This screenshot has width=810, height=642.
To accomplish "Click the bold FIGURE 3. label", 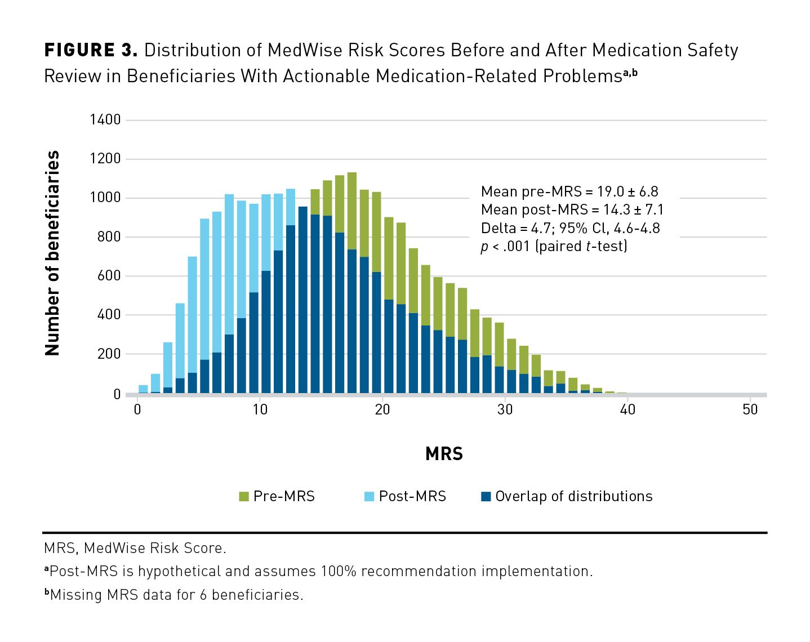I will click(x=91, y=50).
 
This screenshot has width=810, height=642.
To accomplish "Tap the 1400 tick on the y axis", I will click(x=105, y=119).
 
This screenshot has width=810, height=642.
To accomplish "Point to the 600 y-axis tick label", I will click(x=109, y=275).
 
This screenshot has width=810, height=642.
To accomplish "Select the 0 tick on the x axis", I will click(x=137, y=409).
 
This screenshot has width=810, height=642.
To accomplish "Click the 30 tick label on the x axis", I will click(x=505, y=409).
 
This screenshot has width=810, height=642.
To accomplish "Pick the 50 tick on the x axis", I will click(x=750, y=409).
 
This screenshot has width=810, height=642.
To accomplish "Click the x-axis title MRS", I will click(x=444, y=454).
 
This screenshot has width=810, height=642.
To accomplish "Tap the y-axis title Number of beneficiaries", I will click(x=52, y=253).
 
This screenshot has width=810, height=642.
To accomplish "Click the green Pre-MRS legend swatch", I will click(x=244, y=496).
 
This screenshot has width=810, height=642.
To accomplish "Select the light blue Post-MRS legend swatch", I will click(x=370, y=496).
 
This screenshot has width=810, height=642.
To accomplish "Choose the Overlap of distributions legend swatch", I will click(x=486, y=496).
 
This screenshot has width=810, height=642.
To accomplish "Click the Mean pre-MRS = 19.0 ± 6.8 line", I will click(x=569, y=191).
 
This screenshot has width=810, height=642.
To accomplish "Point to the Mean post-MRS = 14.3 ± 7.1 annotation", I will click(x=572, y=209).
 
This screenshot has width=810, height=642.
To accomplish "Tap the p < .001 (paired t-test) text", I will click(x=554, y=246).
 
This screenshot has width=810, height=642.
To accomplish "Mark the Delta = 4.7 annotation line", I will click(x=570, y=228).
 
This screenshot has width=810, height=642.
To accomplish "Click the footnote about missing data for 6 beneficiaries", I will click(x=174, y=595).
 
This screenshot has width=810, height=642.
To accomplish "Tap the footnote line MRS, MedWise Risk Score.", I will click(x=135, y=548).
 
